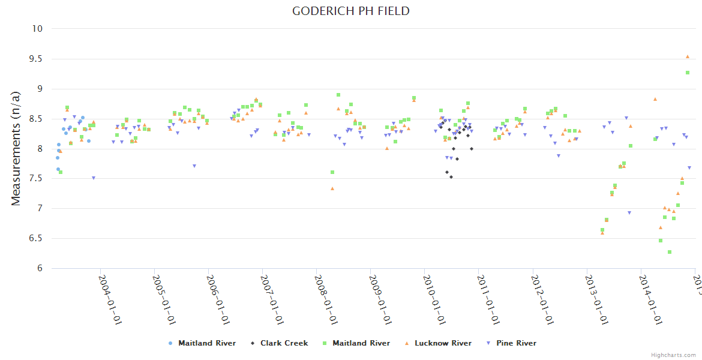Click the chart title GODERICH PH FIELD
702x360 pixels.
point(351,11)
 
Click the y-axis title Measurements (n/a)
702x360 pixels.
point(16,148)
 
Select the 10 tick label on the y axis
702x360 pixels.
point(38,29)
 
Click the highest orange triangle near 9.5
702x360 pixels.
point(688,56)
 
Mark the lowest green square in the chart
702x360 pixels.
point(670,252)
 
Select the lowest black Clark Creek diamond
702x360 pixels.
point(451,177)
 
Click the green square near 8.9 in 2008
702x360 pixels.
point(338,95)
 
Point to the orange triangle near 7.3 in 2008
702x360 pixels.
point(332,188)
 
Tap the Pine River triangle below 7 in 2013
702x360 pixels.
point(629,213)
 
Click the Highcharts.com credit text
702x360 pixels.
point(673,355)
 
